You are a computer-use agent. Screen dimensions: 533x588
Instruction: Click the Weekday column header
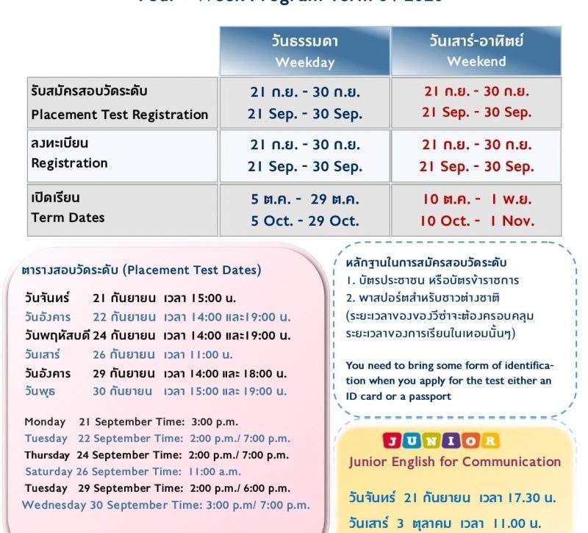tap(304, 51)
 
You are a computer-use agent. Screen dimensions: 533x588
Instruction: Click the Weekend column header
tap(476, 51)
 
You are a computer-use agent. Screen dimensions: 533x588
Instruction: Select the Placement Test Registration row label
tap(120, 103)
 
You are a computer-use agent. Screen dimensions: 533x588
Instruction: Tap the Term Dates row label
tap(68, 218)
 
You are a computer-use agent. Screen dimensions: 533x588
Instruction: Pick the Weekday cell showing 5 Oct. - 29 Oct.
tap(304, 221)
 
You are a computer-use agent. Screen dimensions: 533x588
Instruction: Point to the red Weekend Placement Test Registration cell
tap(476, 102)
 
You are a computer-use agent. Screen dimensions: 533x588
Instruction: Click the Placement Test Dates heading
tap(141, 270)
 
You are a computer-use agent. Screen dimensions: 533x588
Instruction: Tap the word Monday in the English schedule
tap(45, 422)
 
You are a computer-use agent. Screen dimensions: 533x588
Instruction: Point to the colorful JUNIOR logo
tap(440, 441)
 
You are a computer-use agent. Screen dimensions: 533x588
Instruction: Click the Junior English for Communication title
tap(454, 462)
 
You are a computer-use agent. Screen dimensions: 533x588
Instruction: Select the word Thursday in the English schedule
tap(47, 455)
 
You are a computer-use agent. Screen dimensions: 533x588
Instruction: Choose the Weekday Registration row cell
tap(304, 156)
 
